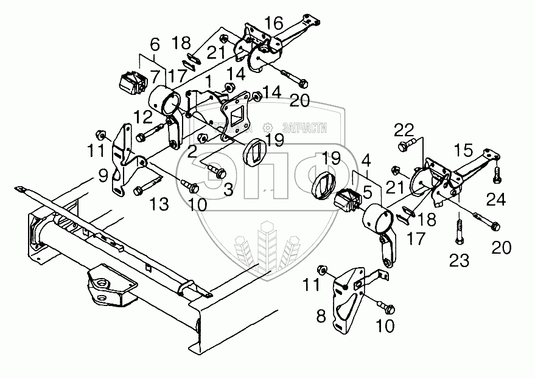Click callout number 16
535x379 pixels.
point(273,24)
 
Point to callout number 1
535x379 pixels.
point(209,80)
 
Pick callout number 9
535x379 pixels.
point(103,176)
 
